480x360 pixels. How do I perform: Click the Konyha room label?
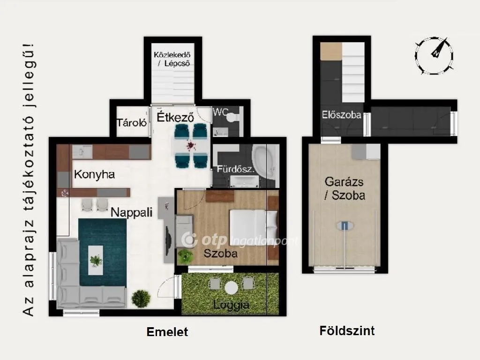pos(94,175)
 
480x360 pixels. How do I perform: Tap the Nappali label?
pos(132,212)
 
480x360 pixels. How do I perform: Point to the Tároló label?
pos(132,123)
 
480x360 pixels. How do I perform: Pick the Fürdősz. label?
pos(235,169)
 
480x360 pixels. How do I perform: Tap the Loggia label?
pos(231,305)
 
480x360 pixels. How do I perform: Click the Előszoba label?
pos(341,114)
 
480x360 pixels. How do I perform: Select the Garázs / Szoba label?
pos(345,188)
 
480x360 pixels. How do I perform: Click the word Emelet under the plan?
pos(167,332)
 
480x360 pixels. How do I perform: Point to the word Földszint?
pos(347,331)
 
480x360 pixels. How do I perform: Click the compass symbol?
pos(434,55)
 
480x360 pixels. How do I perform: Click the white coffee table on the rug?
pos(96,260)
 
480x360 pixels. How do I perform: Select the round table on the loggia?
pos(232,287)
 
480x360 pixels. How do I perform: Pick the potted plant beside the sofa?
pos(141,298)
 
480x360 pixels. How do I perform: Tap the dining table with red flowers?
pos(191,147)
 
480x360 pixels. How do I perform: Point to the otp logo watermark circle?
pos(190,240)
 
